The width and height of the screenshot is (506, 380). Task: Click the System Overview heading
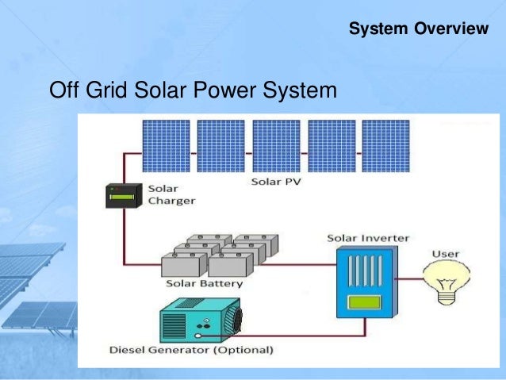[x=419, y=30]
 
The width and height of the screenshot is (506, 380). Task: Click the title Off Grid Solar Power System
[x=193, y=92]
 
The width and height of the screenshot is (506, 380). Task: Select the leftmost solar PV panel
[x=166, y=146]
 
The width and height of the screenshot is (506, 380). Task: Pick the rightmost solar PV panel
[x=386, y=146]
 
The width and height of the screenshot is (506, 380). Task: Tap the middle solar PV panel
[x=276, y=146]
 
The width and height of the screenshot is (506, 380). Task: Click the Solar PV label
[x=276, y=182]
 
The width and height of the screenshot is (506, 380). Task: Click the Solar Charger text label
[x=171, y=195]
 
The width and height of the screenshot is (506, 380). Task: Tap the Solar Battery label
[x=205, y=283]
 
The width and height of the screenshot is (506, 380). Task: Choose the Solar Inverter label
[x=368, y=238]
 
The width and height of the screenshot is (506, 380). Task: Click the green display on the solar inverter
[x=363, y=302]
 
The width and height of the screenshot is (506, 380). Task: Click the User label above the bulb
[x=444, y=254]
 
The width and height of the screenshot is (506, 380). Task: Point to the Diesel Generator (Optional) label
[x=190, y=349]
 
